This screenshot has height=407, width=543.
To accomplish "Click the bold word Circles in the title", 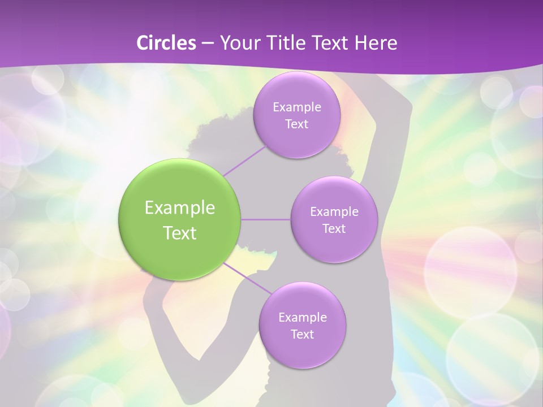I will pyautogui.click(x=166, y=43).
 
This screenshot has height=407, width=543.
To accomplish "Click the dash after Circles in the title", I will pyautogui.click(x=208, y=44).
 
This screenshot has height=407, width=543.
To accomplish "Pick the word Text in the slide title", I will pyautogui.click(x=332, y=43).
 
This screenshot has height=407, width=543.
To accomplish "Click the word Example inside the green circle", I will pyautogui.click(x=180, y=208).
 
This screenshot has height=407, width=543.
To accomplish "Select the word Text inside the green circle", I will pyautogui.click(x=180, y=233).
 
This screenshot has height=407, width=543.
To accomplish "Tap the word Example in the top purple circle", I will pyautogui.click(x=296, y=107).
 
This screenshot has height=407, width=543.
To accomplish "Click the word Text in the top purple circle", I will pyautogui.click(x=296, y=124).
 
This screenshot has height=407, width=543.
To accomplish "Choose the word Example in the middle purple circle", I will pyautogui.click(x=334, y=212).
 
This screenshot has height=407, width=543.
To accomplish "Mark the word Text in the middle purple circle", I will pyautogui.click(x=334, y=229).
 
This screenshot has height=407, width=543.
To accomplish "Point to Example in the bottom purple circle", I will pyautogui.click(x=302, y=317).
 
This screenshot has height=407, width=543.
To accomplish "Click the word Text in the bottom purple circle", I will pyautogui.click(x=302, y=334).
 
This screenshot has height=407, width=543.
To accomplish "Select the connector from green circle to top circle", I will pyautogui.click(x=244, y=161).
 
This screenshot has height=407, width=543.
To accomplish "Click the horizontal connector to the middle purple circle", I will pyautogui.click(x=265, y=219).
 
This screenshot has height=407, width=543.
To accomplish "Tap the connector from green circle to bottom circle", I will pyautogui.click(x=248, y=279).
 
